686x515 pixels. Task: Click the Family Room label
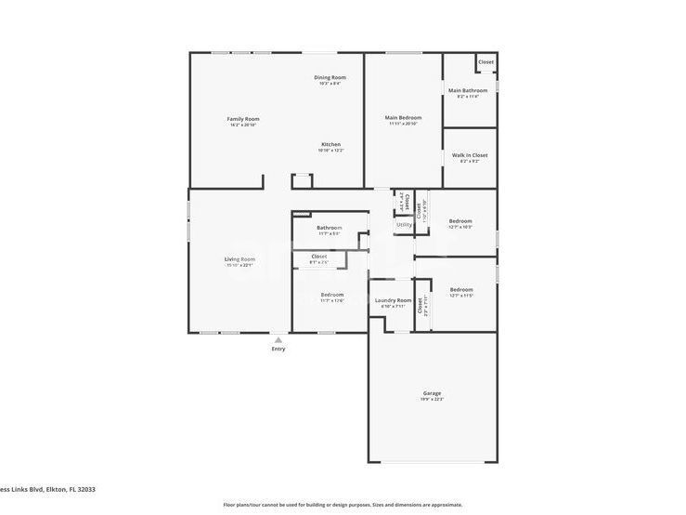pos(243,119)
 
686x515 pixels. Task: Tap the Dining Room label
pos(330,77)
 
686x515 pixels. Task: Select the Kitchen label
pos(330,144)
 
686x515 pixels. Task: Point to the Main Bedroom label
pos(404,118)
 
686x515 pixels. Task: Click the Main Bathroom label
pos(468,90)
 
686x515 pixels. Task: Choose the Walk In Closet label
pos(469,155)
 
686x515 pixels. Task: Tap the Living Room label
pos(239,258)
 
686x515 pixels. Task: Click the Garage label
pos(432,392)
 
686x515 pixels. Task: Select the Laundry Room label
pos(393,300)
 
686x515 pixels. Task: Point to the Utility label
pos(404,224)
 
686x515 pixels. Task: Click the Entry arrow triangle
pos(278,340)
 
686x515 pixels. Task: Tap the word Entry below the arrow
pos(278,350)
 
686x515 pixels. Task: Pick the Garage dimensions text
pos(432,399)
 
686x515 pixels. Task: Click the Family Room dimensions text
pos(243,125)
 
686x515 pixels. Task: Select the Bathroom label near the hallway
pos(329,228)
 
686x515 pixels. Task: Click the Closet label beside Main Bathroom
pos(485,62)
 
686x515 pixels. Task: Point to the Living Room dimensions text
pos(239,265)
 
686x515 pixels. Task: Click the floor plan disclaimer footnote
pos(343,505)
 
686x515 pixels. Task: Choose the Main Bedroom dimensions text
pos(404,125)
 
